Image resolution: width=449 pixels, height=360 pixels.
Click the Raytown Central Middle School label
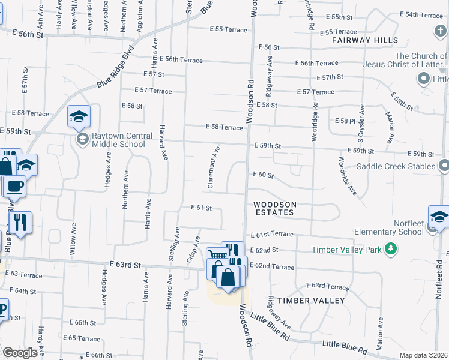point(118,140)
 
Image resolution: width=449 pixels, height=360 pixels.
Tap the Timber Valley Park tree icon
point(391,248)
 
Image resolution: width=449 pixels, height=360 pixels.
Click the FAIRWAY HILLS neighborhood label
point(365,40)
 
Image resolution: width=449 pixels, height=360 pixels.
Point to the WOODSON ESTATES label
point(274,208)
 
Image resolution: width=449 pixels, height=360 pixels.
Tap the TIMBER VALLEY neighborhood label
point(311,300)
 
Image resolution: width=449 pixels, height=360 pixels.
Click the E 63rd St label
point(125,264)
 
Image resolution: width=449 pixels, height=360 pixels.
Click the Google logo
point(20,353)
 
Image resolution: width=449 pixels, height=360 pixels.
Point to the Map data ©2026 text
point(423,355)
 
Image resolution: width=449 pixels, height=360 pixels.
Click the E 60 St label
point(262,175)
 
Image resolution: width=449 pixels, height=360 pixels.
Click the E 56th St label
point(23,35)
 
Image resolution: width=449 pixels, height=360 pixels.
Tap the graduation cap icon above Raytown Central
point(78,117)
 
